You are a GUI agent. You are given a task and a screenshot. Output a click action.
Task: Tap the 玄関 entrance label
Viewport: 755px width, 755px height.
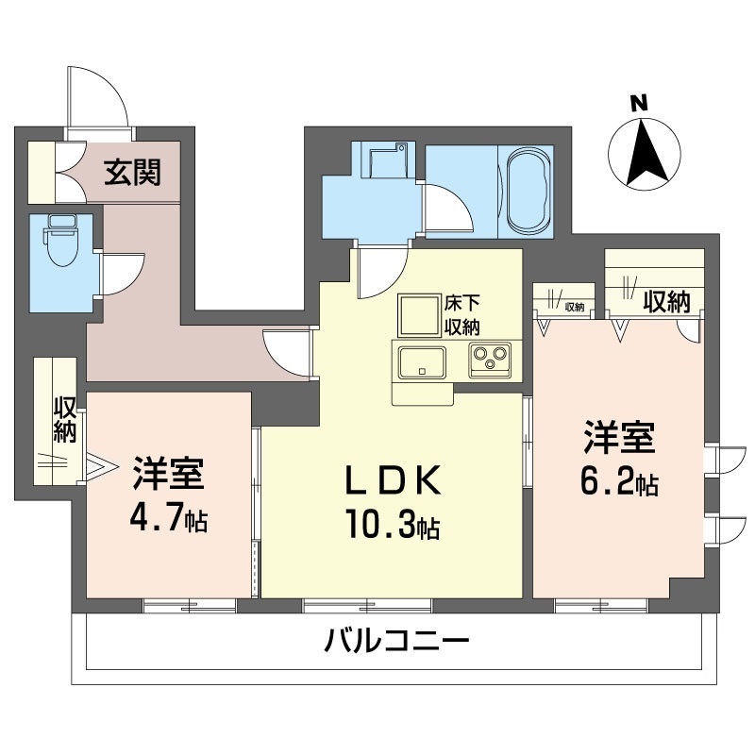pyautogui.click(x=132, y=173)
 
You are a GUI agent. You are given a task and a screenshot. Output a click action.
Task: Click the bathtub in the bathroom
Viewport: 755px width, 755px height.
pyautogui.click(x=528, y=192)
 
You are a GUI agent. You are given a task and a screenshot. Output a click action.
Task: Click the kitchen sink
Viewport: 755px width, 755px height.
pyautogui.click(x=422, y=362)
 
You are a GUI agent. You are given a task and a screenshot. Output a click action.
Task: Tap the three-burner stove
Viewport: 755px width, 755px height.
pyautogui.click(x=488, y=361)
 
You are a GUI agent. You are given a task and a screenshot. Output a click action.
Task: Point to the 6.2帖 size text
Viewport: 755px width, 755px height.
pyautogui.click(x=618, y=483)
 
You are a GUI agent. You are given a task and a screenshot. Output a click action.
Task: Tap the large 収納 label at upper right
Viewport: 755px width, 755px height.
pyautogui.click(x=666, y=301)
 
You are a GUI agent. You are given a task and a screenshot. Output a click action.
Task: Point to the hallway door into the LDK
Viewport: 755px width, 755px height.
pyautogui.click(x=287, y=351)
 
